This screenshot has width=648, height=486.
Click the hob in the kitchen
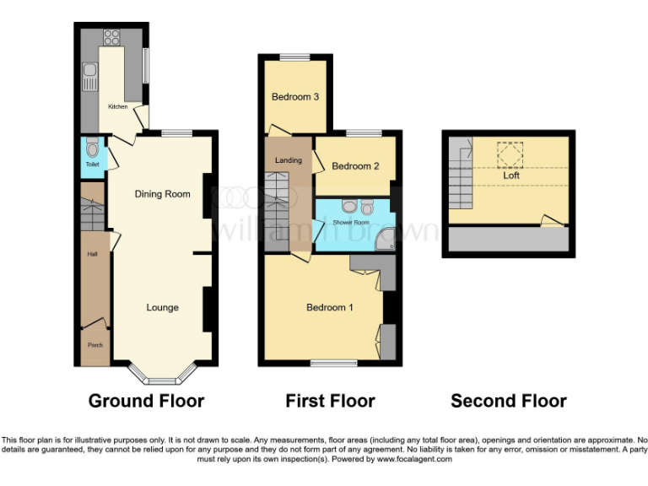pos(111,36)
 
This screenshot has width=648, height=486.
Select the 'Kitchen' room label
pos(116,107)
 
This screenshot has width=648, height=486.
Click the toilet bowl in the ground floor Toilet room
pos(92,150)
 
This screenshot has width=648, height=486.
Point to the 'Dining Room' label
pos(163,194)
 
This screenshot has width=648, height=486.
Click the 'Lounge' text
pos(162,307)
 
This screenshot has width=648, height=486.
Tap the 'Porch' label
pos(94,345)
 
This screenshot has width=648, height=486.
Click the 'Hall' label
pos(91,254)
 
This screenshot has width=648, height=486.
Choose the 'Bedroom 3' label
pos(294,97)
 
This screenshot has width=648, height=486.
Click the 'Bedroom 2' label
pos(355,166)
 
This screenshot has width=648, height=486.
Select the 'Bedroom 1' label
pos(329,307)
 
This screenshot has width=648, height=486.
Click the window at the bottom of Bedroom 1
pos(333,364)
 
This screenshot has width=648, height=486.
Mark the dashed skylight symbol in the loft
pos(510,154)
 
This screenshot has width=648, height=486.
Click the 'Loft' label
pos(511,175)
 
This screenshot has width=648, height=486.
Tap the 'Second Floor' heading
pos(508,401)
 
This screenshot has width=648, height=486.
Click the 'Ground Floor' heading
pos(146,401)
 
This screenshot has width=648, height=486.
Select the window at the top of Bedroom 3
pos(294,57)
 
